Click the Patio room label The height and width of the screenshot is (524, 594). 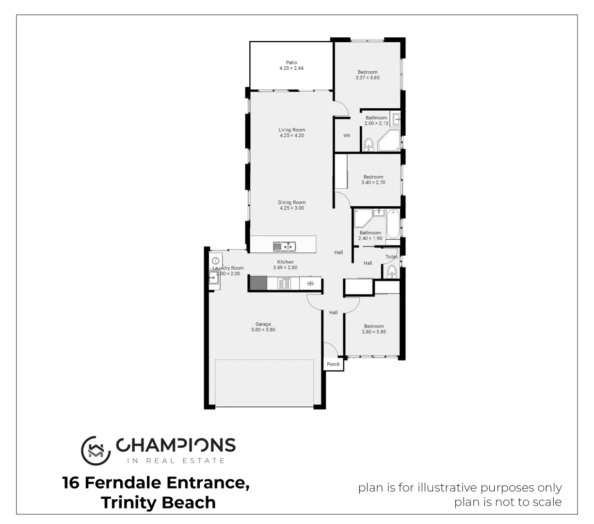pyautogui.click(x=291, y=63)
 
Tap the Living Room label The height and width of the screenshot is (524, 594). pyautogui.click(x=292, y=130)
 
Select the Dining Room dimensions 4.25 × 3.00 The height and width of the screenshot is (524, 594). pyautogui.click(x=292, y=208)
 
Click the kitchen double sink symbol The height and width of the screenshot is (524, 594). pyautogui.click(x=284, y=246)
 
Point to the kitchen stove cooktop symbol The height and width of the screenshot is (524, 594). pyautogui.click(x=284, y=283)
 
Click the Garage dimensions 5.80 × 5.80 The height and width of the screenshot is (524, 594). pyautogui.click(x=263, y=330)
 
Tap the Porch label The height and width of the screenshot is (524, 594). pyautogui.click(x=333, y=364)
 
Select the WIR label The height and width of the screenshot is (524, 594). pyautogui.click(x=347, y=136)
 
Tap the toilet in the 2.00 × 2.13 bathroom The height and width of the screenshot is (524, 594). pyautogui.click(x=369, y=144)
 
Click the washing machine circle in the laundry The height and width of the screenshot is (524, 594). pyautogui.click(x=216, y=261)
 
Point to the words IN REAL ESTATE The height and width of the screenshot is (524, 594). pyautogui.click(x=176, y=460)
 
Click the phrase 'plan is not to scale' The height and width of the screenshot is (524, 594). pyautogui.click(x=508, y=502)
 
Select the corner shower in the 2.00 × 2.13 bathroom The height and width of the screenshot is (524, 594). pyautogui.click(x=388, y=140)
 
